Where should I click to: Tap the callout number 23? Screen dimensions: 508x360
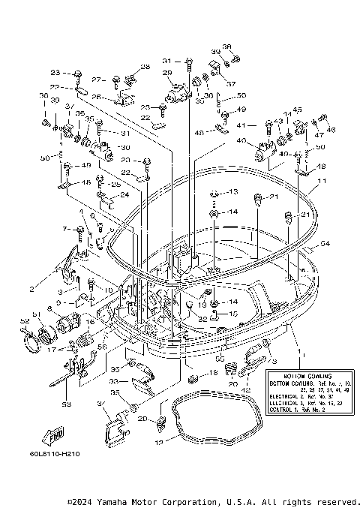point(55,73)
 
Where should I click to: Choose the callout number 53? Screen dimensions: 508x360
point(65,404)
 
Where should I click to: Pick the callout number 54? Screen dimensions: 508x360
point(325,243)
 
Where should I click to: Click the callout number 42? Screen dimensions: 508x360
point(247,389)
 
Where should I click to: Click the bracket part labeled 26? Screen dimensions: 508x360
point(121,99)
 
